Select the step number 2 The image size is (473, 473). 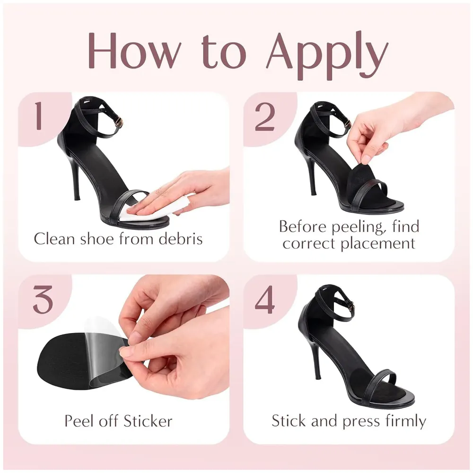coord(264,116)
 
